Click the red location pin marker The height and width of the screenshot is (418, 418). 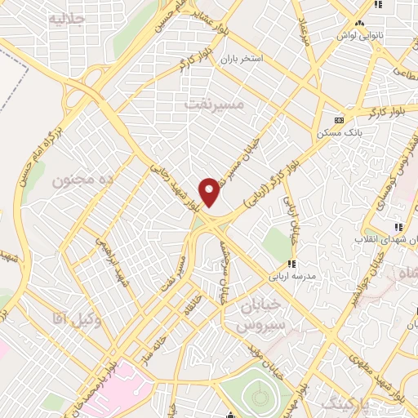pos(210,191)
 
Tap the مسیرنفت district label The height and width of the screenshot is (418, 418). pos(214,104)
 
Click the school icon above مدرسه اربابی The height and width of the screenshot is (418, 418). pos(291,264)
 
